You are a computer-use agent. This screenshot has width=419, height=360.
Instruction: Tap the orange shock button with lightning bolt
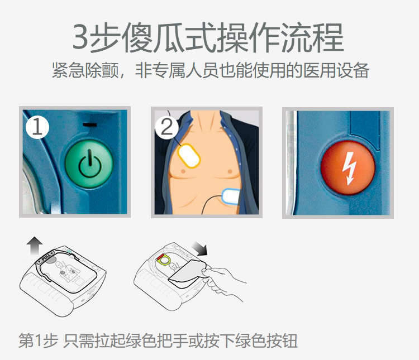pos(348,167)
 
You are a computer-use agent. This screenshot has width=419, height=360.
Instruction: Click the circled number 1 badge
pos(37,127)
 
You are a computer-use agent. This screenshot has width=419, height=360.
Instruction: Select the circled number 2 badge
pos(166,127)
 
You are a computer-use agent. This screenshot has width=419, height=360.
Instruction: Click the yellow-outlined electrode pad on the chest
pos(189,156)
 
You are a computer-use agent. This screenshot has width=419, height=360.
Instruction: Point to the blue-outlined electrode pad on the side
pos(231,196)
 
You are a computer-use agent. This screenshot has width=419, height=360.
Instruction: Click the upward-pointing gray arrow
pos(35,246)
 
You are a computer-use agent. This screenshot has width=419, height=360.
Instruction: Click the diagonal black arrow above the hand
pos(200,248)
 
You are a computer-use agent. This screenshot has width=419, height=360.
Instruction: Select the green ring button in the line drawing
pos(165,260)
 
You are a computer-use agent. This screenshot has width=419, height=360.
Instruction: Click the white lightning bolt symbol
pos(348,168)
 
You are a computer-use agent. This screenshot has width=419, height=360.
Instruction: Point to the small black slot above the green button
pos(89,124)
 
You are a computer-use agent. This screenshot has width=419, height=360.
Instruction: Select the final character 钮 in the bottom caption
pos(289,341)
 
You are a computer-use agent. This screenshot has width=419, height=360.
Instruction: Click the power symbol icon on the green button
pos(90,164)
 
